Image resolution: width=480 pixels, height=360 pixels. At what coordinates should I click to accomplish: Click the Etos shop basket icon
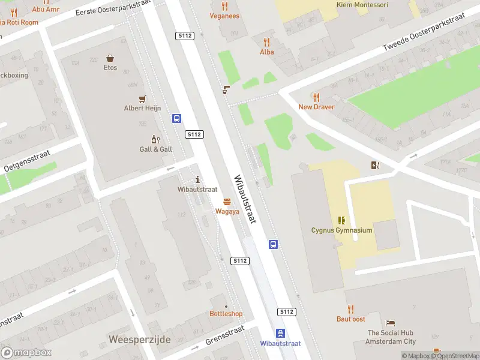point(110,58)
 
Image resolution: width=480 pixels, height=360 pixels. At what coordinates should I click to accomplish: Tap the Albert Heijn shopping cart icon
point(143,99)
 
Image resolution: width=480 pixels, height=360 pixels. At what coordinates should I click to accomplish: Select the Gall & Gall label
point(156,149)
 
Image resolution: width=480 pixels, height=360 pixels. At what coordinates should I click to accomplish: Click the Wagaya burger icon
point(227,202)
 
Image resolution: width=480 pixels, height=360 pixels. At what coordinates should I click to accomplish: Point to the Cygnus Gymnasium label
point(341,230)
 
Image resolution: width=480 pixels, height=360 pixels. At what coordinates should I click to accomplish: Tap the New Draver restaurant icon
point(316,97)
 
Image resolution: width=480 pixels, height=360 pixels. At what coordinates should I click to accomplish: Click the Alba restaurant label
point(266,52)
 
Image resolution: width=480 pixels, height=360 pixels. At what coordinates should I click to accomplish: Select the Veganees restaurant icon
point(225,6)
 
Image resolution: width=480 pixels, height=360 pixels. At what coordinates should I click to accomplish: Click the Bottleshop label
point(226,314)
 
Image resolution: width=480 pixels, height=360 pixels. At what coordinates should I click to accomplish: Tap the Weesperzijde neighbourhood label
point(140,340)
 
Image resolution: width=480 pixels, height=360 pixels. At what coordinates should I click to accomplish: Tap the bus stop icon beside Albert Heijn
point(177,119)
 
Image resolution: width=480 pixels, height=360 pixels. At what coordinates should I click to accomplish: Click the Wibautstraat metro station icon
point(280,333)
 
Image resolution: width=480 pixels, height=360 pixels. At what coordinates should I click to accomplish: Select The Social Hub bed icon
point(391,323)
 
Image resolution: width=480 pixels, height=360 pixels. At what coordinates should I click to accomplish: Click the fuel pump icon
point(376,166)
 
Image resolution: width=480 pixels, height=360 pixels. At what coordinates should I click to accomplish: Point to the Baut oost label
point(350,319)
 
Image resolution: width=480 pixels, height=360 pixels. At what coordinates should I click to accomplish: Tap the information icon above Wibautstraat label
point(198,179)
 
